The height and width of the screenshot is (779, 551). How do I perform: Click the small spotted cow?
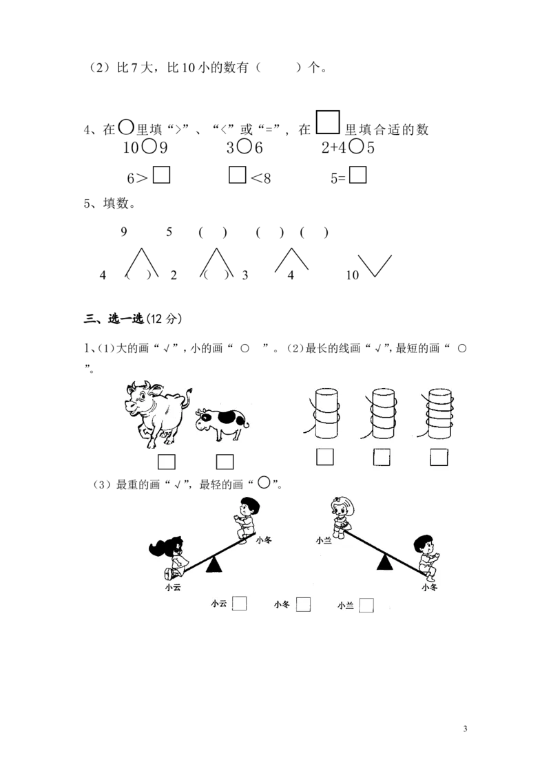220,423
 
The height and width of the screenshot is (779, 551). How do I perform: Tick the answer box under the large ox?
166,462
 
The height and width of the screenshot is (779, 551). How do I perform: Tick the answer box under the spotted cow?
225,462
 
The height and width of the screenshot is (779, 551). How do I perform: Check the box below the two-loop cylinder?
324,456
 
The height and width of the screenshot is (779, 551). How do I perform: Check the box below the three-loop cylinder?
382,456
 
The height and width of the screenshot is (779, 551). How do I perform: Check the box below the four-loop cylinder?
439,456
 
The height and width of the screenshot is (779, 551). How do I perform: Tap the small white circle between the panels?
264,482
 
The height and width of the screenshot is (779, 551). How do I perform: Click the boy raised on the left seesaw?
245,517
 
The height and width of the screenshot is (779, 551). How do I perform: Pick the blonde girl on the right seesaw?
342,516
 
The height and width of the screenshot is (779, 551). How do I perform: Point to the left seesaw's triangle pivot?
215,564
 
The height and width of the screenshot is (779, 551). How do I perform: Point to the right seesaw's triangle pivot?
385,563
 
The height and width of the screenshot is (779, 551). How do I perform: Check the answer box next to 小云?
239,604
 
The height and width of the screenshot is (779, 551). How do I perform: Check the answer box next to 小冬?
303,604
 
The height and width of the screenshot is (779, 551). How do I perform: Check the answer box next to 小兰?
366,606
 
